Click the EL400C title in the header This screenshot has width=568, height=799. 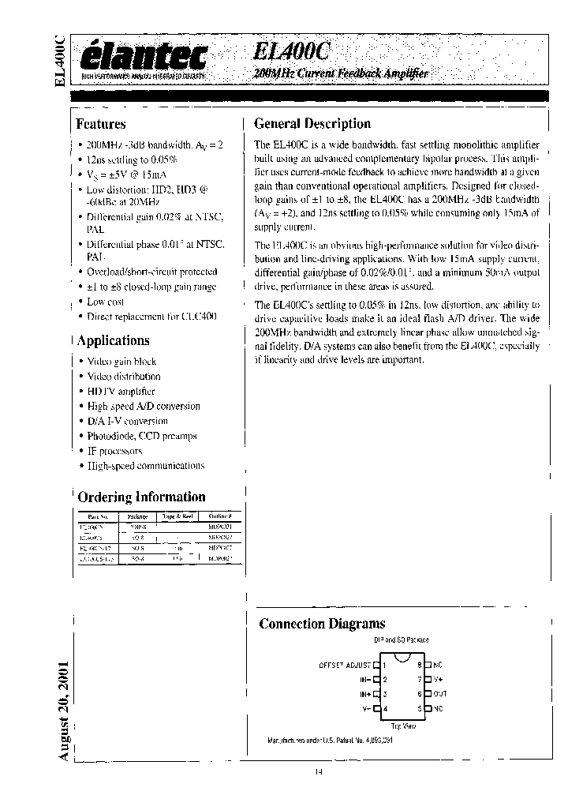pyautogui.click(x=293, y=52)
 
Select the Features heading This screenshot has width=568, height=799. pyautogui.click(x=100, y=124)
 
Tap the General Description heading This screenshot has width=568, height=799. pyautogui.click(x=312, y=124)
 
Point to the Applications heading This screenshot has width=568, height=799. pyautogui.click(x=112, y=341)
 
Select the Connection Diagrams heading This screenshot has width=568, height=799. pyautogui.click(x=322, y=624)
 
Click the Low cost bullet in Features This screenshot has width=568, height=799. pyautogui.click(x=106, y=302)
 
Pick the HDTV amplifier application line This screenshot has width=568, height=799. pyautogui.click(x=121, y=391)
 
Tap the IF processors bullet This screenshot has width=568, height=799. pyautogui.click(x=114, y=451)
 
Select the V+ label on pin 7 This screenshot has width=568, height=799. pyautogui.click(x=439, y=679)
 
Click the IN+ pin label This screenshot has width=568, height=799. pyautogui.click(x=364, y=694)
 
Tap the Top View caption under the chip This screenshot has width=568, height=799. pyautogui.click(x=403, y=725)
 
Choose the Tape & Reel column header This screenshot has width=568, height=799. pyautogui.click(x=178, y=517)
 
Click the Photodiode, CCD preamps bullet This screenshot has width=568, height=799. pyautogui.click(x=142, y=436)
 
